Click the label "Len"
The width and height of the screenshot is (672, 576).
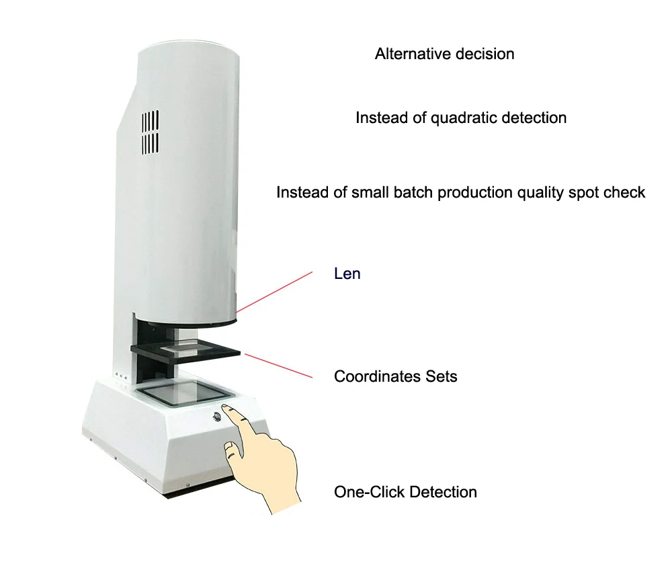tap(347, 274)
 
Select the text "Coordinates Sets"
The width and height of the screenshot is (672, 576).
tap(395, 376)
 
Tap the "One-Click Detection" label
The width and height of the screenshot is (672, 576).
tap(405, 492)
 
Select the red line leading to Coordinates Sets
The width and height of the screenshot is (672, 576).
tap(278, 365)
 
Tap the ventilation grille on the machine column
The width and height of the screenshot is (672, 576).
tap(150, 132)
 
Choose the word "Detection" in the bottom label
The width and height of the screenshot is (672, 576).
tap(443, 492)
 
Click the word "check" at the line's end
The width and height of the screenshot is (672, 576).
tap(626, 193)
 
